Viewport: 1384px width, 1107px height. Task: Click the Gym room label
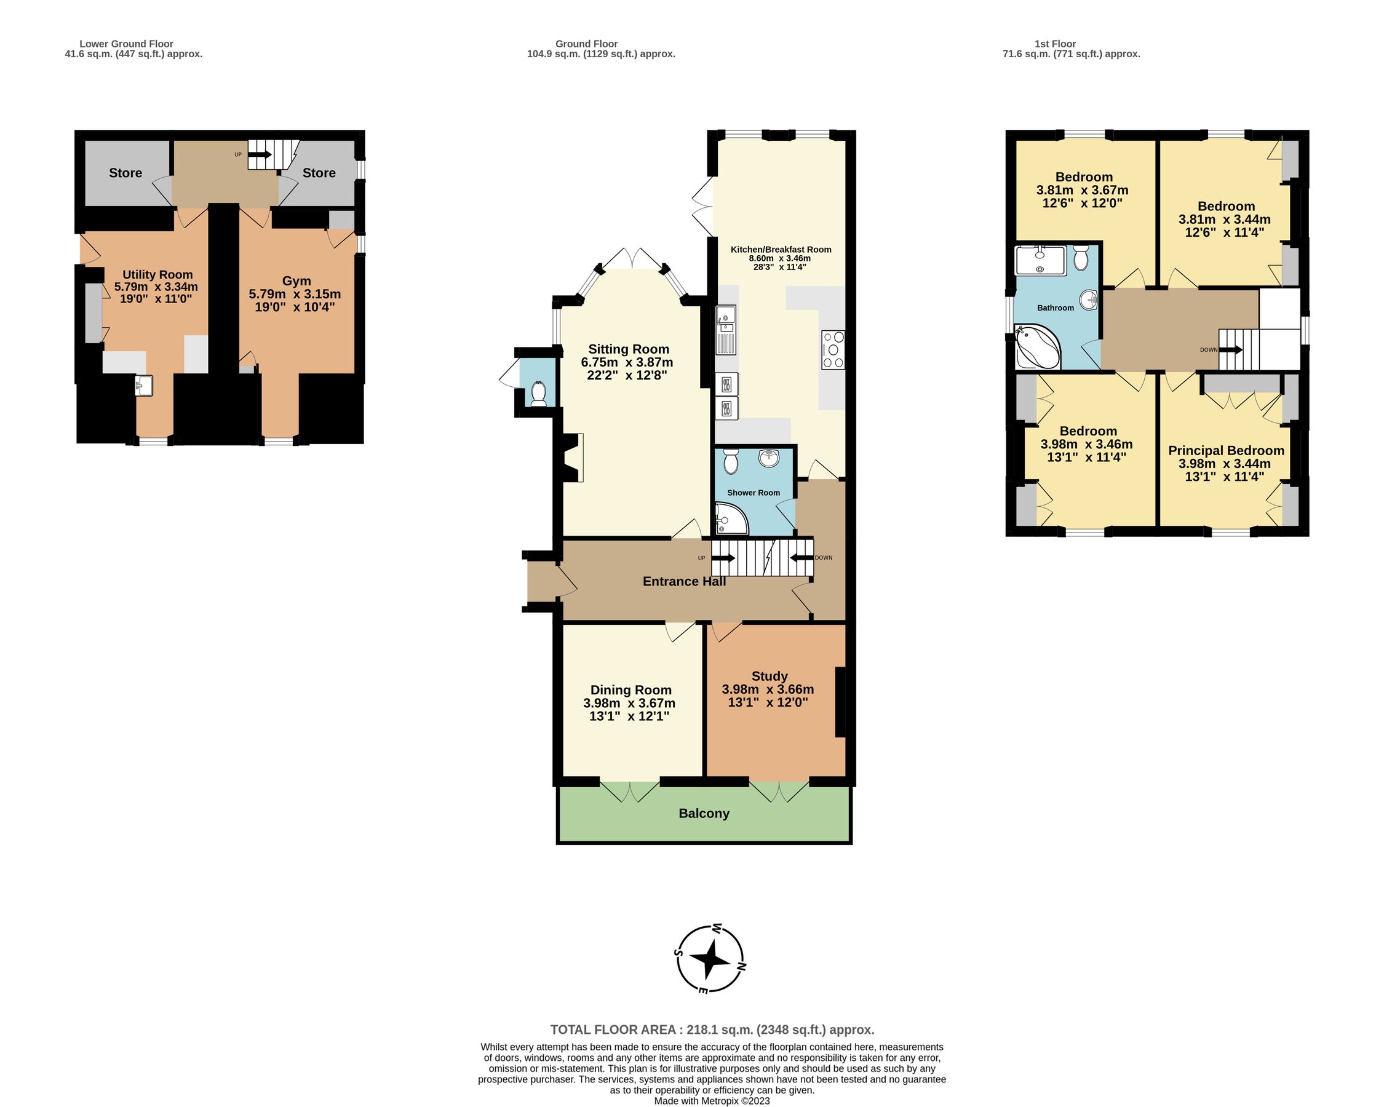[x=296, y=281]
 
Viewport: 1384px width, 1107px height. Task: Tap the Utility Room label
[x=157, y=275]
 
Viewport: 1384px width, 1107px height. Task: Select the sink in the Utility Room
[x=144, y=386]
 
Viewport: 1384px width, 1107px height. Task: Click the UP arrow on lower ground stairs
[x=260, y=154]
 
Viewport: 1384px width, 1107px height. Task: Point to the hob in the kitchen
[x=833, y=350]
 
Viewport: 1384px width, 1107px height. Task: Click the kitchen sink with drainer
[x=726, y=330]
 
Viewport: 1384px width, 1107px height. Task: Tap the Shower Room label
[x=754, y=493]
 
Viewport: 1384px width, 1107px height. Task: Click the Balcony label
[x=704, y=814]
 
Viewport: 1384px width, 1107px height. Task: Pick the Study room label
[x=769, y=676]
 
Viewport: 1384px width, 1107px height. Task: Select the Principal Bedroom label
[x=1225, y=451]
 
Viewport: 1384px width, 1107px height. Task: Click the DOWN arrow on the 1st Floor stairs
[x=1230, y=350]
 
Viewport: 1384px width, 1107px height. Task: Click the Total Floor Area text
[x=712, y=1030]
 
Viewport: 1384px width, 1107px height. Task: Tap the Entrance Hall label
[x=683, y=581]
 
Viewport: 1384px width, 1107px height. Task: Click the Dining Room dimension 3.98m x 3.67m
[x=629, y=704]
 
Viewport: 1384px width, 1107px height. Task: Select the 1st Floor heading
[x=1055, y=44]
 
